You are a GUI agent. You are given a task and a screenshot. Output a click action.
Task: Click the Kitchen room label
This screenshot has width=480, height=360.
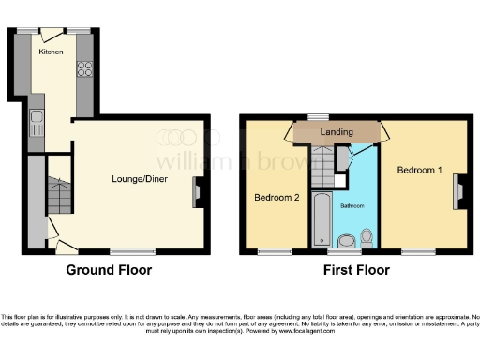coord(51,52)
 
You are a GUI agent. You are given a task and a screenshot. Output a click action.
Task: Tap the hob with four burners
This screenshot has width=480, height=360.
coord(84,68)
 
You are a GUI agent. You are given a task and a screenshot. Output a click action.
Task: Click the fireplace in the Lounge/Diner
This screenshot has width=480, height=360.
coord(197,191)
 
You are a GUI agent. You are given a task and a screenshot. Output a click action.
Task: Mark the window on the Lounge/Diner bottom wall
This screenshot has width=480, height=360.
coord(132,251)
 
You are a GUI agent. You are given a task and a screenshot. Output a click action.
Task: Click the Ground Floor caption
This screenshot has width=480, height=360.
coord(108,270)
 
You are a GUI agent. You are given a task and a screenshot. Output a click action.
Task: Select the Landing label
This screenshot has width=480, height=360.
coord(337,132)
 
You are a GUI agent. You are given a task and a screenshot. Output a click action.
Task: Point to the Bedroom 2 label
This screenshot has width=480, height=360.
coord(276,198)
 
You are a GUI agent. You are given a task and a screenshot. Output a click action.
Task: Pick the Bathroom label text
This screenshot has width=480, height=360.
coord(352,204)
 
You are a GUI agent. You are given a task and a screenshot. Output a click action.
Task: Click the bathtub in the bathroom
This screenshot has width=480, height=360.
coord(320,218)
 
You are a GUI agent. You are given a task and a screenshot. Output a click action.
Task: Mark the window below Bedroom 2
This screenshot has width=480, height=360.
coord(274,251)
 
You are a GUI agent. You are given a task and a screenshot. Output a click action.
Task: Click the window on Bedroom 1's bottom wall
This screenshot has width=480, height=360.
coord(414,251)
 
